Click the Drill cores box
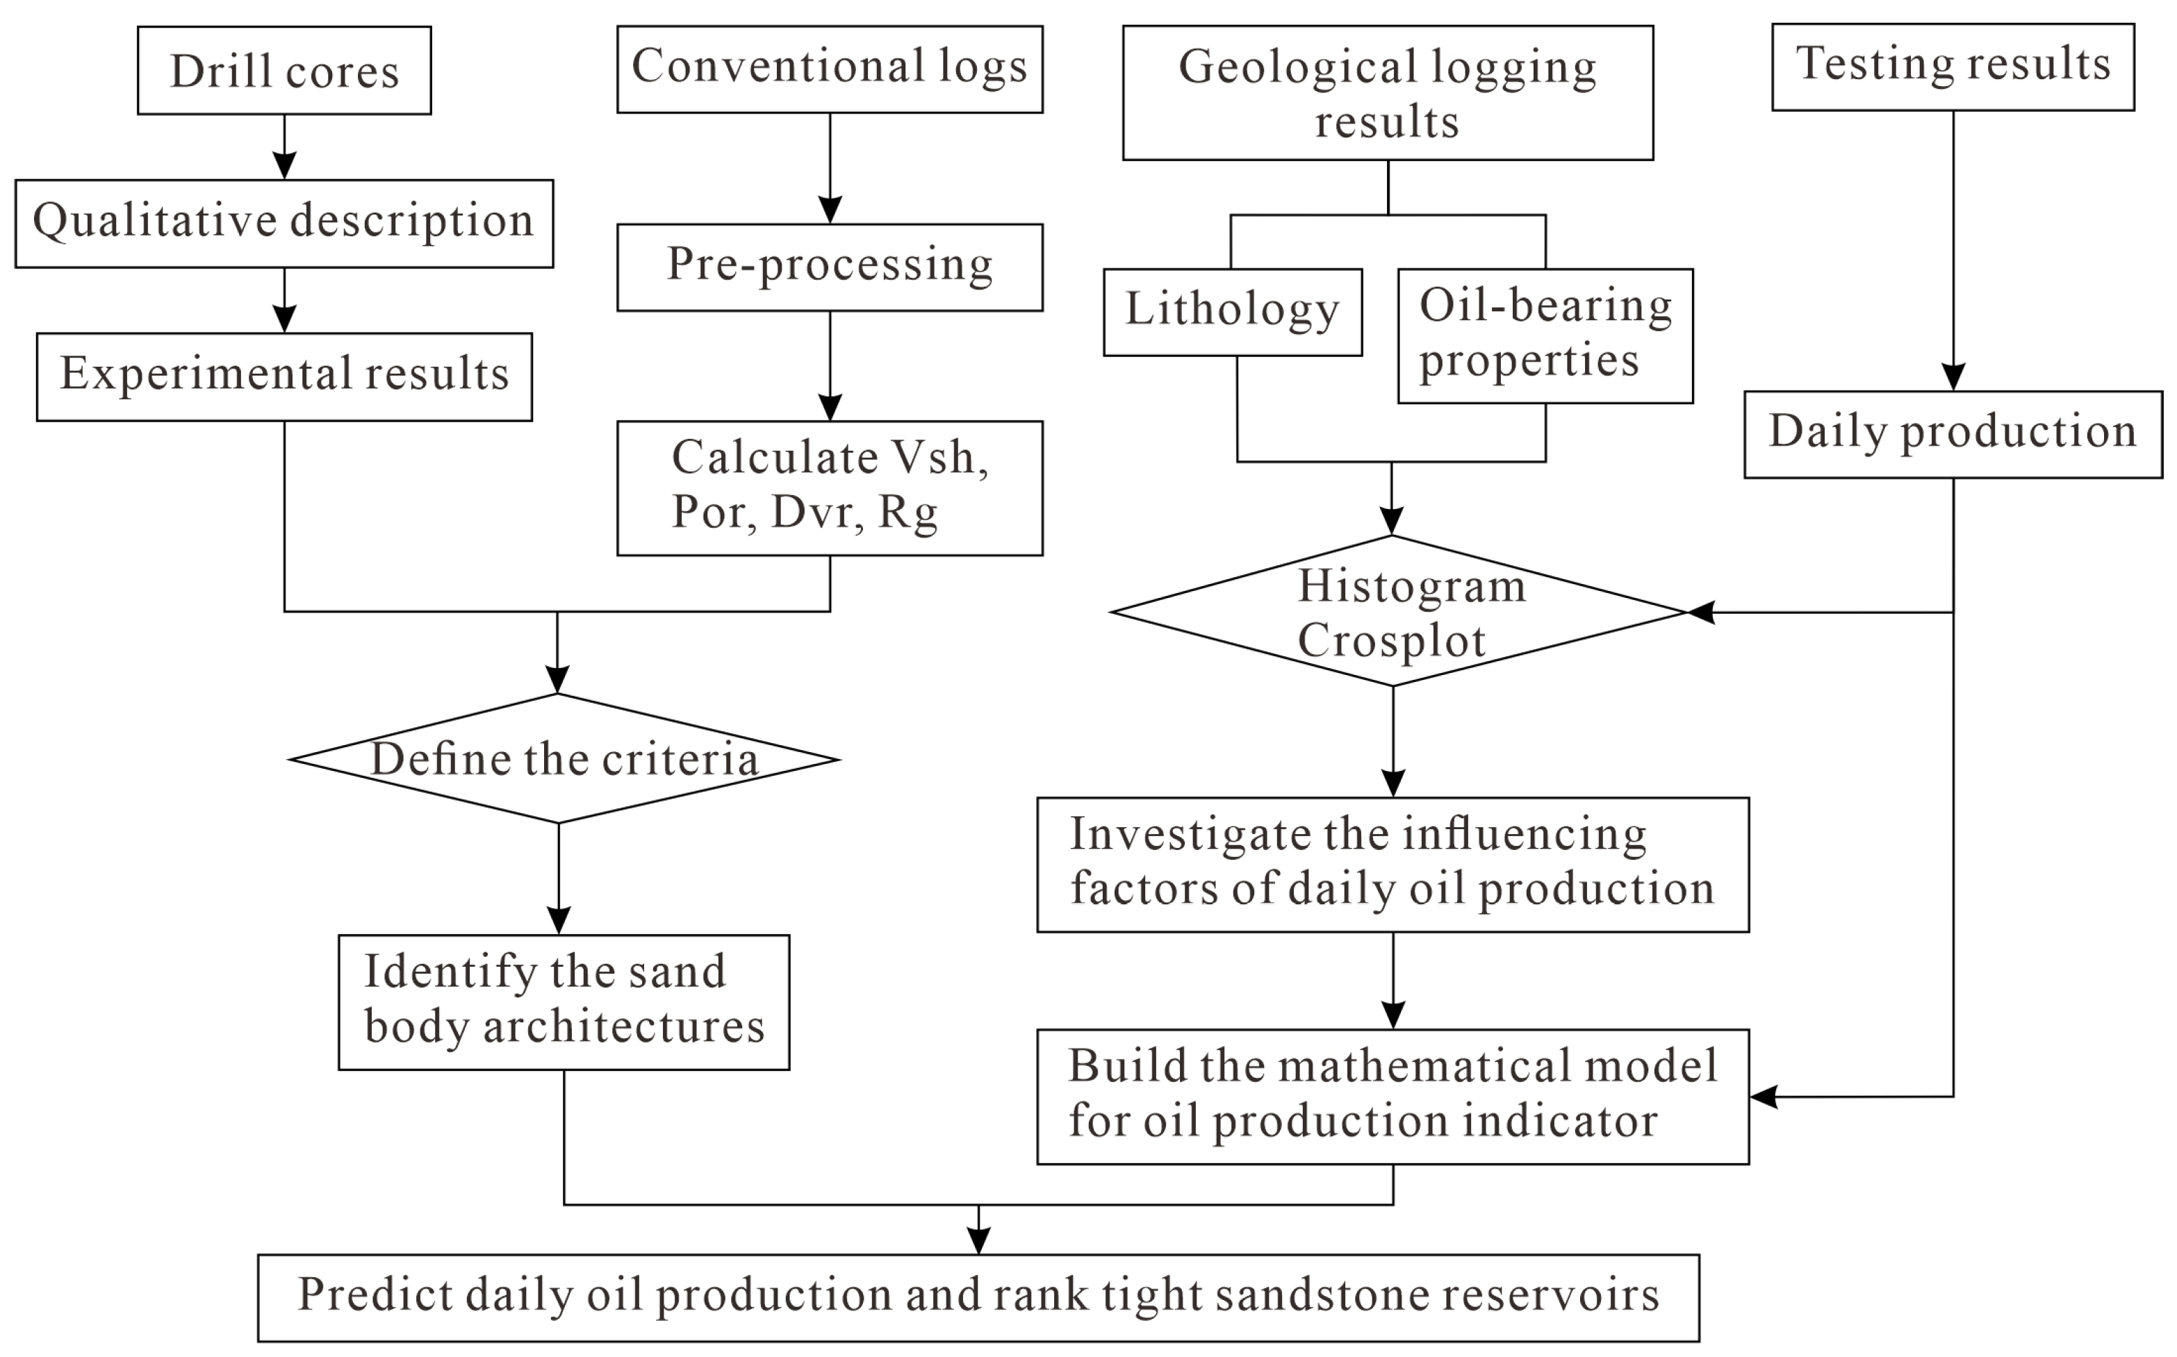coord(284,70)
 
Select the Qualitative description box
coord(284,222)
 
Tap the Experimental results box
coord(284,376)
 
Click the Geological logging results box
coord(1387,92)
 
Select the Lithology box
coord(1232,311)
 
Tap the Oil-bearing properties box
coord(1544,335)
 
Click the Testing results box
coord(1952,67)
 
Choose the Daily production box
coord(1952,433)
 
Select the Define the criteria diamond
coord(564,759)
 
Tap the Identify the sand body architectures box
coord(563,1001)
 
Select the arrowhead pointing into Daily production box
coord(1953,377)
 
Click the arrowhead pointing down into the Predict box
coord(978,1240)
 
